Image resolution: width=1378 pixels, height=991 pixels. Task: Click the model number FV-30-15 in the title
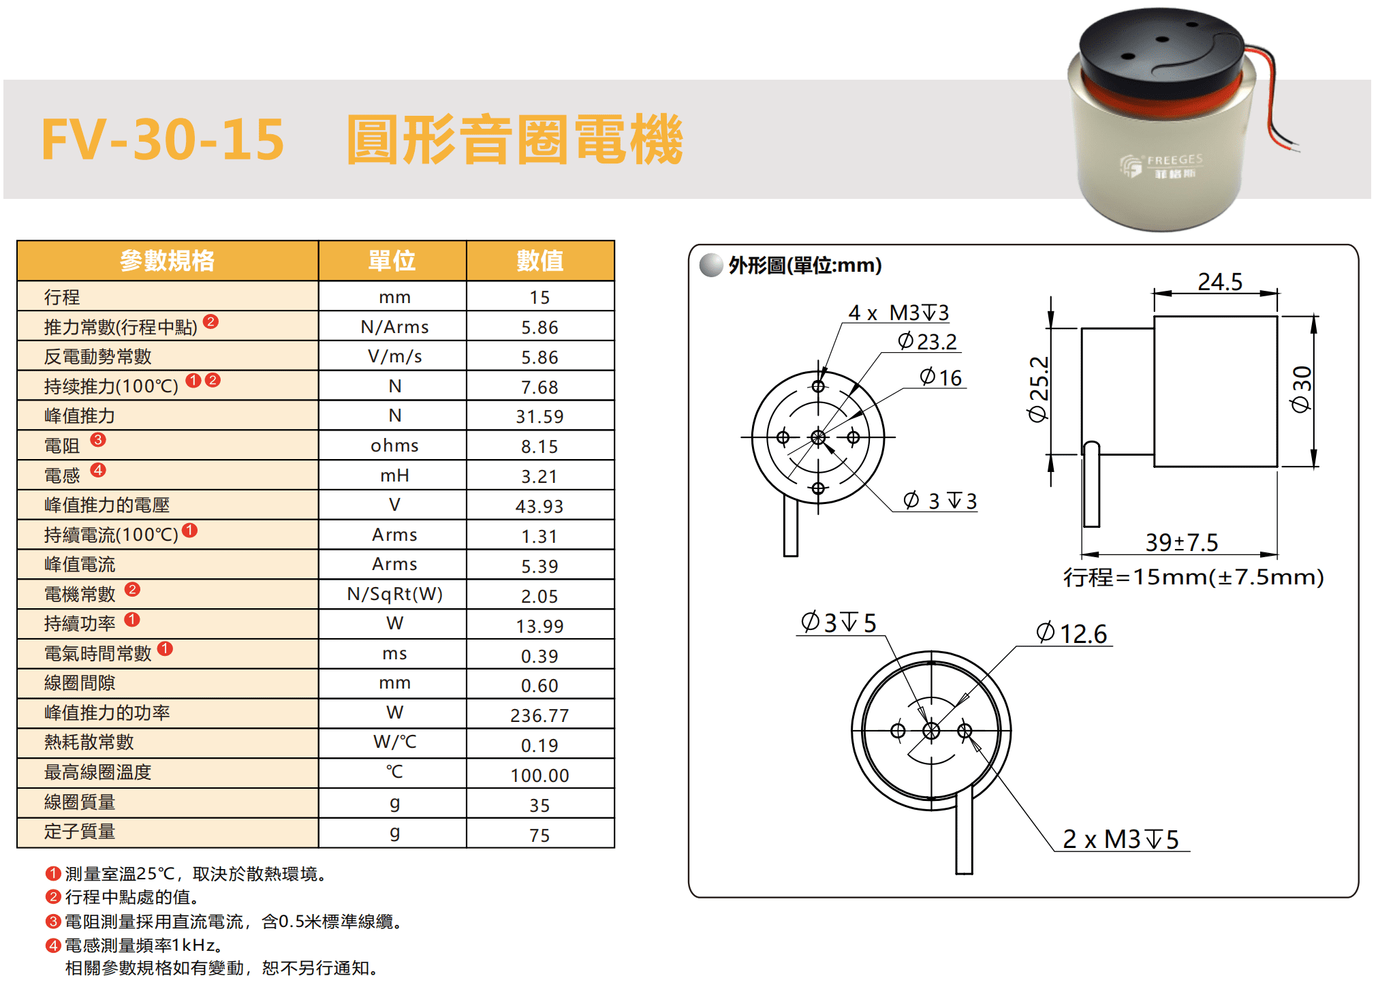pos(163,140)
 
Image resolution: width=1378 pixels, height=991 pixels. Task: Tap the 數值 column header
pos(539,260)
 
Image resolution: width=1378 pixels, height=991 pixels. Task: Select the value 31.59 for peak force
pos(539,416)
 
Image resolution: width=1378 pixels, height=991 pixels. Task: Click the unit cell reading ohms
pos(394,445)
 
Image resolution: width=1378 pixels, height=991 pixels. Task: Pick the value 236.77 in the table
pos(539,715)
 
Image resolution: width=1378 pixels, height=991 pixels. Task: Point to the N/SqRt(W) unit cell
pos(394,595)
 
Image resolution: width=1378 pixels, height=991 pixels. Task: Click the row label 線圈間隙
pos(80,683)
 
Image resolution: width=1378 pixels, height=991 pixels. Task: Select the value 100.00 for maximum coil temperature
pos(539,775)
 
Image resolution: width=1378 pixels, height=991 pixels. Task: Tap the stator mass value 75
pos(539,835)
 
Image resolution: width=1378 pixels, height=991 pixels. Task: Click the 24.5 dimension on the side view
pos(1220,281)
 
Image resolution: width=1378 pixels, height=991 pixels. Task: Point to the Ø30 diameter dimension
pos(1301,389)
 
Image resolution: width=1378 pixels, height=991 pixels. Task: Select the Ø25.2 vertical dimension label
pos(1038,389)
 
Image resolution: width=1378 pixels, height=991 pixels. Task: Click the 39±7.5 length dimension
pos(1181,542)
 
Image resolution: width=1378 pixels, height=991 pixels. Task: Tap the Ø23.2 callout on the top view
pos(927,341)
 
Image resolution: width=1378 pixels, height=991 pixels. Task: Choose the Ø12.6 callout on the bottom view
pos(1071,633)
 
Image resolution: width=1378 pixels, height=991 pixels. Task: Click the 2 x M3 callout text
pos(1121,839)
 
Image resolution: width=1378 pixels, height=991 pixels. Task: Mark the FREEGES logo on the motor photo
pos(1162,166)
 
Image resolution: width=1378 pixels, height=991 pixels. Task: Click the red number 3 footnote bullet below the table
pos(53,922)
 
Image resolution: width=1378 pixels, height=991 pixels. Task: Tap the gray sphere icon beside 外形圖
pos(711,265)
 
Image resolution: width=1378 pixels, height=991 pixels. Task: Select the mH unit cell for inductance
pos(394,475)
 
